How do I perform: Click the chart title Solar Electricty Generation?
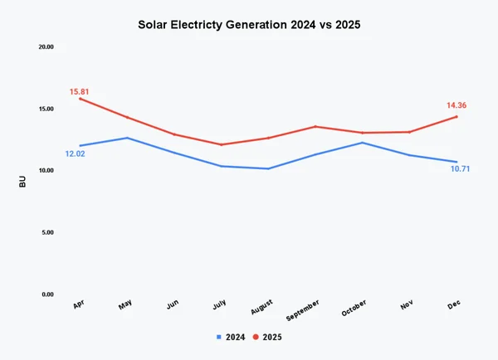tap(249, 25)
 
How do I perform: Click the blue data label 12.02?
tap(75, 153)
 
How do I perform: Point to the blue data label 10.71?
tap(461, 169)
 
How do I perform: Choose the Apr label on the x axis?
tap(79, 306)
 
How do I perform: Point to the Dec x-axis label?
tap(454, 306)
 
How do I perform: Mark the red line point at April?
tap(80, 99)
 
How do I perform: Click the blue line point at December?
tap(456, 162)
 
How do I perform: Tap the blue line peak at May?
tap(127, 138)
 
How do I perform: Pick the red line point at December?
tap(456, 116)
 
